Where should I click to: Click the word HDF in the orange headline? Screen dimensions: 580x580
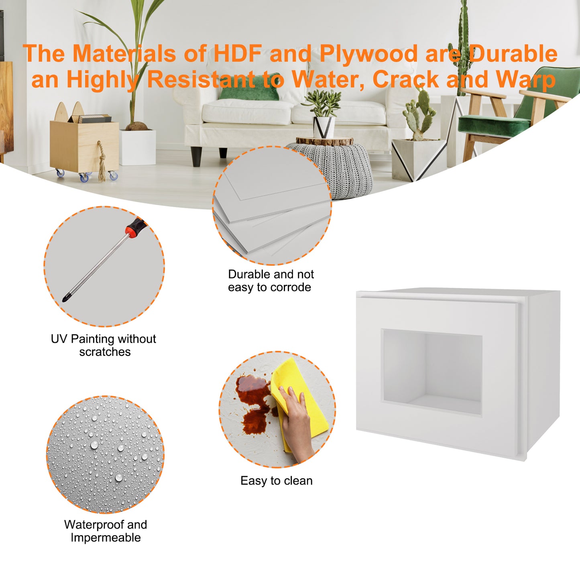coord(238,53)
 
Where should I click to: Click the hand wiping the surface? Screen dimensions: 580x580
coord(297,424)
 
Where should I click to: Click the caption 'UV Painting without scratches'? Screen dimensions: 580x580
coord(104,345)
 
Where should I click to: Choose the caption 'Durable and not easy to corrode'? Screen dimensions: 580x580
coord(271,281)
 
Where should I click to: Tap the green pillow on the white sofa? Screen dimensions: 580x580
coord(249,87)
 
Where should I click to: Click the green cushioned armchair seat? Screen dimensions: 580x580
coord(494,125)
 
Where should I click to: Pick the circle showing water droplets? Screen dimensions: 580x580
coord(105,454)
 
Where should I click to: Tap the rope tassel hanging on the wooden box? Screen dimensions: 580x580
coord(102,163)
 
